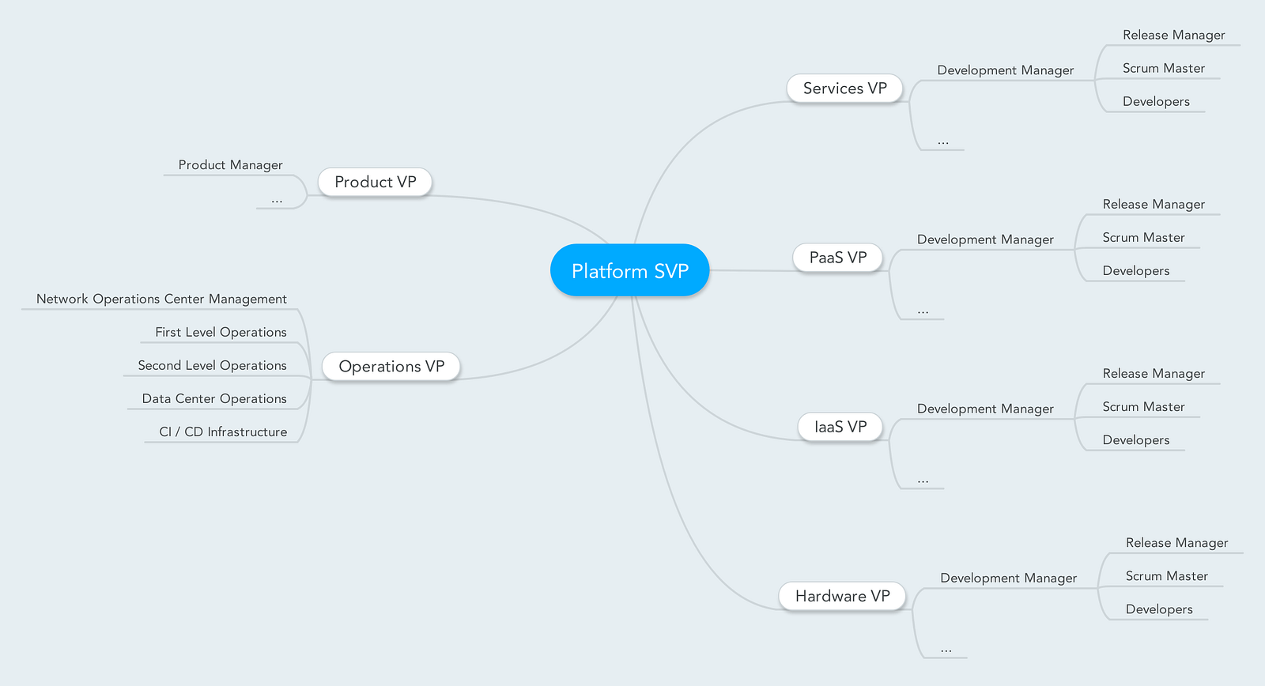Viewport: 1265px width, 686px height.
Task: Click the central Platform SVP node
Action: coord(629,270)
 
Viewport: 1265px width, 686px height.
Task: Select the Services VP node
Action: coord(844,89)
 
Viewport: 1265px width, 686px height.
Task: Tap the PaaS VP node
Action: coord(837,258)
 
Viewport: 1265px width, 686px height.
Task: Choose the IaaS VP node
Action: coord(840,427)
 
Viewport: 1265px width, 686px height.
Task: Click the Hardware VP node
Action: coord(842,596)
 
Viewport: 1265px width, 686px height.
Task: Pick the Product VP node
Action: coord(375,182)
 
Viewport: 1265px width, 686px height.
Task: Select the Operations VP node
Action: coord(391,367)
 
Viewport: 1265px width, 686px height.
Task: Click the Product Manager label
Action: coord(230,165)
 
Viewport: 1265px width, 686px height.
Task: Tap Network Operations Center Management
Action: coord(161,299)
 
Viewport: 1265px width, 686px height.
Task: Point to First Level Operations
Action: coord(221,332)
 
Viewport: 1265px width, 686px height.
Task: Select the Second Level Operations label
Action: coord(212,365)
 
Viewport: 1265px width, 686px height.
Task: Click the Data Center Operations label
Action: coord(214,398)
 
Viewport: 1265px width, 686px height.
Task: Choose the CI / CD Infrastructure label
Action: coord(223,432)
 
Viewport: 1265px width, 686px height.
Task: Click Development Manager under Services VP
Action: coord(1005,70)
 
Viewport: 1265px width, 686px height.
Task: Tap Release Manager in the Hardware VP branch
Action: coord(1176,543)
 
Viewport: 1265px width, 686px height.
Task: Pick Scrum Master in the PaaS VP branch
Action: coord(1143,238)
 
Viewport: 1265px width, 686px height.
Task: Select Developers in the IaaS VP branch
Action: coord(1135,440)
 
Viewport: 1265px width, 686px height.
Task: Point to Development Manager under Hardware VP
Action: coord(1008,579)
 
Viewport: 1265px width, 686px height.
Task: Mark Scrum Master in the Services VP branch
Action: coord(1163,69)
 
